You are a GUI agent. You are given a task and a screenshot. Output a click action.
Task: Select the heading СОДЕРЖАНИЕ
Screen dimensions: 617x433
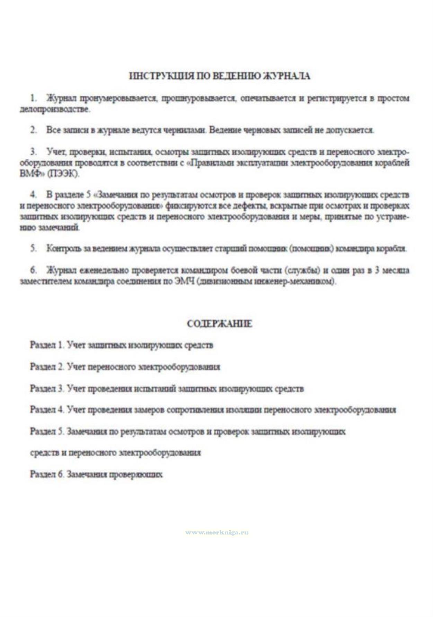coord(220,324)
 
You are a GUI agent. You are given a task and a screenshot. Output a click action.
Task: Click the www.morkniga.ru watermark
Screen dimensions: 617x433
coord(217,532)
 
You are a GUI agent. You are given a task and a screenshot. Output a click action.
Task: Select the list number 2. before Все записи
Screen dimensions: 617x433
coord(34,130)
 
